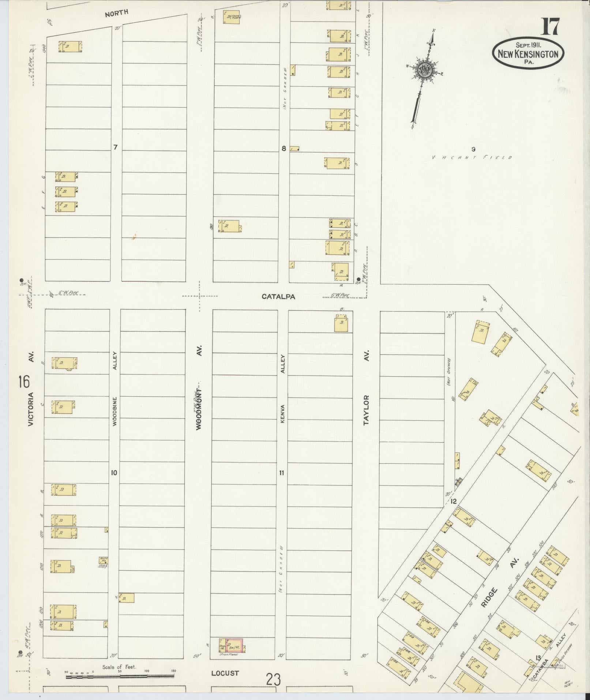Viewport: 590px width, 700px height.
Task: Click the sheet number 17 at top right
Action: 550,26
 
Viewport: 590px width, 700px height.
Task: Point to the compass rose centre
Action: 424,69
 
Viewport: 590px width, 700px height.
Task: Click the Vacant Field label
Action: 472,158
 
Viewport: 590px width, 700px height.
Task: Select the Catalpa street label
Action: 278,297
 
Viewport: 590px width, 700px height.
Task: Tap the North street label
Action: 116,13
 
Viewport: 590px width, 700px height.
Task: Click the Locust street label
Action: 225,673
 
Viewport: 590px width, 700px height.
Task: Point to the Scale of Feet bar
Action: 120,677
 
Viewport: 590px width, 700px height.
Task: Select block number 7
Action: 116,147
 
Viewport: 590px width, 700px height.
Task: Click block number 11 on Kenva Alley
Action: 281,473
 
